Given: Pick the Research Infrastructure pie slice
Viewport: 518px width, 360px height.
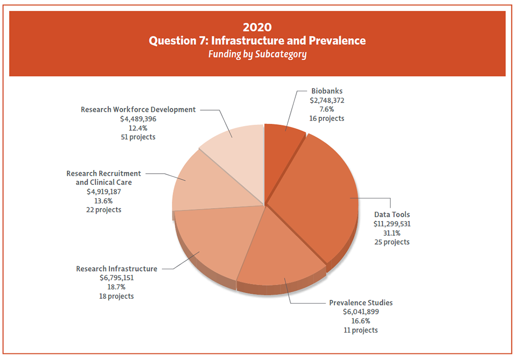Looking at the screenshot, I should point(212,240).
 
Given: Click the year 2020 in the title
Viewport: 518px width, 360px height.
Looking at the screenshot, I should point(257,27).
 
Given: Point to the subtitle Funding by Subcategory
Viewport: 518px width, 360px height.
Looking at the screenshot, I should point(257,55).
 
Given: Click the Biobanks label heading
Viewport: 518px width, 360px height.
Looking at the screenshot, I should point(327,91).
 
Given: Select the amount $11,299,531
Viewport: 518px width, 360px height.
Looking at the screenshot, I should point(392,224).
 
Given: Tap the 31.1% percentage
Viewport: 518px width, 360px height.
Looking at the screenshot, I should point(392,233).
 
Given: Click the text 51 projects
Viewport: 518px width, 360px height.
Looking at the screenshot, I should point(138,137).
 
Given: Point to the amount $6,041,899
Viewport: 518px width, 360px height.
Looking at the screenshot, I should point(361,312).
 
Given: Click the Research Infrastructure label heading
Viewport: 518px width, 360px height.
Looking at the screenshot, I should point(117,269).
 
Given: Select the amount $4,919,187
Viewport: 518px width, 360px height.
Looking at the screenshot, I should point(104,192).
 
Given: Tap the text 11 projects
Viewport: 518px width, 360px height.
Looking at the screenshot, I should point(361,330).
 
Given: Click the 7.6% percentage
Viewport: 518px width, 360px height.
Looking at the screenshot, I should point(326,109).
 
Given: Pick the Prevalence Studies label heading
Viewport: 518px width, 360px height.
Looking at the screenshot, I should point(361,303).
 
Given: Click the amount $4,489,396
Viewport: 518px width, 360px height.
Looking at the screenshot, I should point(138,119).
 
